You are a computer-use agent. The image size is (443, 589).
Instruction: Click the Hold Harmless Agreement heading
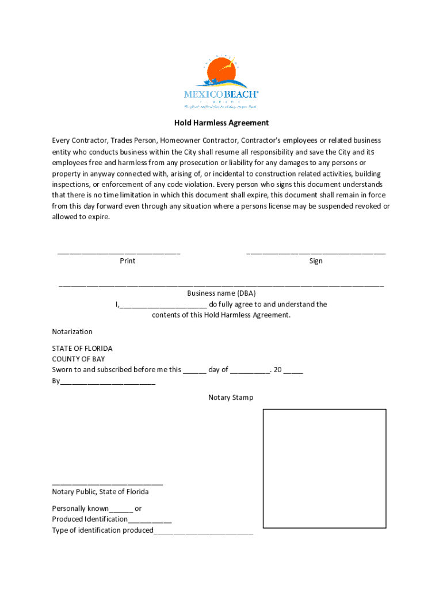pos(221,123)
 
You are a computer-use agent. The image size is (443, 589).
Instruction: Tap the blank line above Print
pos(119,252)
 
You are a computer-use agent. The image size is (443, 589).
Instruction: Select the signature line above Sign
pos(316,252)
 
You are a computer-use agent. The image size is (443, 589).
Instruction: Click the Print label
pos(128,261)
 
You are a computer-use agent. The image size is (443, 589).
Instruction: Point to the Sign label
pos(316,261)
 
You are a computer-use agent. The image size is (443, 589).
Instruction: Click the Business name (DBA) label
pos(221,293)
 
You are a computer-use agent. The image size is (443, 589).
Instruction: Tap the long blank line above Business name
pos(221,284)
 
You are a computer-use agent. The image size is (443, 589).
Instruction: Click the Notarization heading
pos(72,332)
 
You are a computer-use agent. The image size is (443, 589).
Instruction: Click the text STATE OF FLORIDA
pos(82,349)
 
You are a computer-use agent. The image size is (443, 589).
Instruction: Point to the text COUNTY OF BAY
pos(78,359)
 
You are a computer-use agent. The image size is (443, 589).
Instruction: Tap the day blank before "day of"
pos(194,371)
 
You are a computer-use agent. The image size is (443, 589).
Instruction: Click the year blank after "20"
pos(293,371)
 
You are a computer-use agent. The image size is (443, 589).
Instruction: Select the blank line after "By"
pos(108,382)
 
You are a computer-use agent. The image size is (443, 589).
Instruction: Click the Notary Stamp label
pos(231,398)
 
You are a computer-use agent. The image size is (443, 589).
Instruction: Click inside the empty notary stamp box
pos(324,468)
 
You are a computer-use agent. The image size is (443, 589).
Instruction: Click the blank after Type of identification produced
pos(203,531)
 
